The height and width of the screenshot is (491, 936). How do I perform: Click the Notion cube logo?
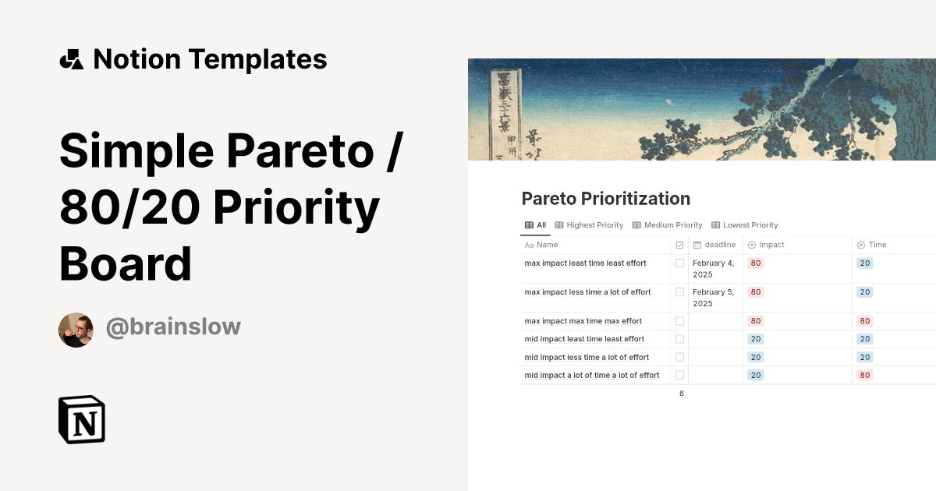[x=81, y=419]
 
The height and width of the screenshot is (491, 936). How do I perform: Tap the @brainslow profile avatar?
[x=76, y=330]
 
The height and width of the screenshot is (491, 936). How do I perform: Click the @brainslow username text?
[x=173, y=327]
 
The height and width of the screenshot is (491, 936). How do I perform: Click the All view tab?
[x=536, y=225]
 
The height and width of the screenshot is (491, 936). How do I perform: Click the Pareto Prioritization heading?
[x=605, y=199]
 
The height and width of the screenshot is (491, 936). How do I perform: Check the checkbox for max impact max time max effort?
[x=679, y=321]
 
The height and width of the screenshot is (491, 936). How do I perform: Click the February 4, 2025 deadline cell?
[x=714, y=269]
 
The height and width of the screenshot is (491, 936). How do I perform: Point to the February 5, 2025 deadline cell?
[x=714, y=298]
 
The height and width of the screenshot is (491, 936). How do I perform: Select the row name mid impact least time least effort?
[x=584, y=339]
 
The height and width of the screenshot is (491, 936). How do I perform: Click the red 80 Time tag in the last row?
[x=864, y=375]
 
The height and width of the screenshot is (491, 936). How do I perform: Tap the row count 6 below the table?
[x=681, y=394]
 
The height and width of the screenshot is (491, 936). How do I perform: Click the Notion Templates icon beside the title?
[x=72, y=59]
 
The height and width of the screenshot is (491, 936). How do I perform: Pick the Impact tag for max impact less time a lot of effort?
[x=755, y=292]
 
